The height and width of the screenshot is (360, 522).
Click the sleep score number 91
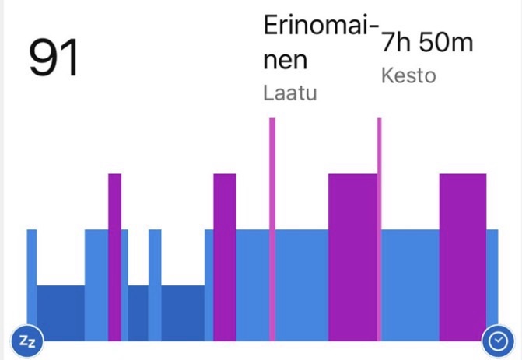coord(54,59)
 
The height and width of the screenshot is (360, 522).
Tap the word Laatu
coord(290,93)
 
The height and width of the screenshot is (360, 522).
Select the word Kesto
coord(408,76)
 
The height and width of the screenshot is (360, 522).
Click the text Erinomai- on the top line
coord(321,26)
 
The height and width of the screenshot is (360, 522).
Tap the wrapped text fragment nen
coord(286,61)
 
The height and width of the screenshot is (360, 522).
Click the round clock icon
coord(496,340)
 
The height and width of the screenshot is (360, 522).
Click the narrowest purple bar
coord(115,257)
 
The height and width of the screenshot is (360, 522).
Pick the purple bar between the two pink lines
coord(352,257)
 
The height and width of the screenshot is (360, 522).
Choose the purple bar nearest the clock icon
coord(462,257)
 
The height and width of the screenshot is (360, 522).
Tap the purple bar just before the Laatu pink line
coord(224,257)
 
